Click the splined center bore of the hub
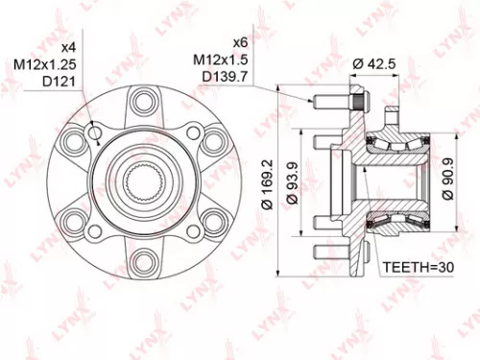pos(144,180)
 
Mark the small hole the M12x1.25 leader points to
pos(92,133)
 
